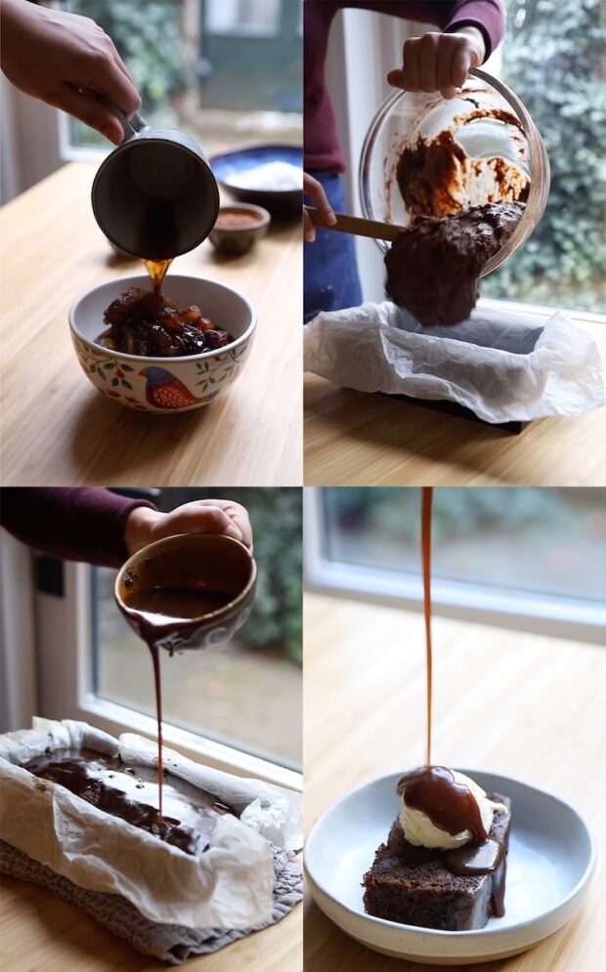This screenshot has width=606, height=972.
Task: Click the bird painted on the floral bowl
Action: tap(165, 389)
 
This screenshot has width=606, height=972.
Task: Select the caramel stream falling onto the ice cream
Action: tap(427, 635)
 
